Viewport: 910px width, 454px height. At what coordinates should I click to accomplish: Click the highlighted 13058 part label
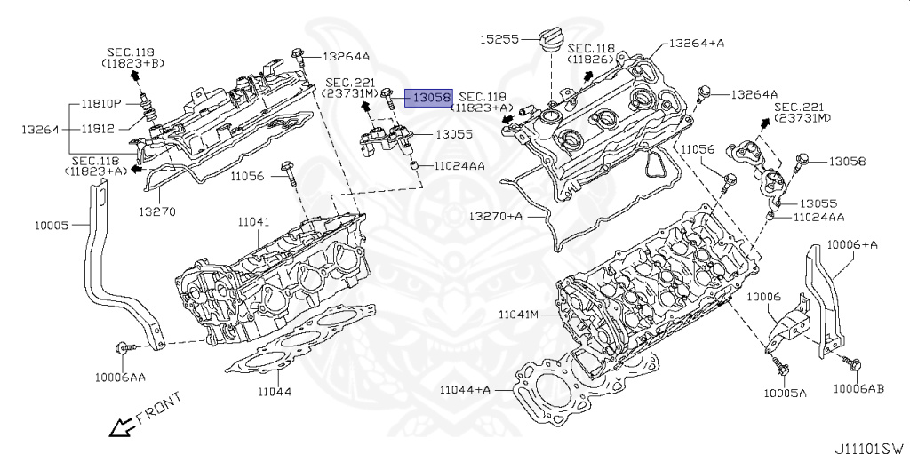point(428,98)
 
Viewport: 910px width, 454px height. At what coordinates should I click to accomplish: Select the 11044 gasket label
point(275,392)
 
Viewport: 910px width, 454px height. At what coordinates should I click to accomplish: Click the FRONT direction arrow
point(121,428)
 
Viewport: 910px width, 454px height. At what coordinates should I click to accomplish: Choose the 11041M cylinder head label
point(519,315)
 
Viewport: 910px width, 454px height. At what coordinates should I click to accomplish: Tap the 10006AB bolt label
point(859,389)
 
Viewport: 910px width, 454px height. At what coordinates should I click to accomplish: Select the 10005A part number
point(785,393)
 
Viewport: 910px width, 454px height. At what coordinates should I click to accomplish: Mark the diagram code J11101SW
point(869,448)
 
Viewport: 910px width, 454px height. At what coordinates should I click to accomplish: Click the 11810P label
point(101,104)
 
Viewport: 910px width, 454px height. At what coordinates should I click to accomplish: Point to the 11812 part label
point(98,129)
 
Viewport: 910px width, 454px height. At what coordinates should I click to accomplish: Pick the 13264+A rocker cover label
point(697,43)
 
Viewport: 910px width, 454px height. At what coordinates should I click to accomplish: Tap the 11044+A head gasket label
point(465,389)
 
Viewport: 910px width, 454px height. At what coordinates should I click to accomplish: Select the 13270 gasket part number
point(156,212)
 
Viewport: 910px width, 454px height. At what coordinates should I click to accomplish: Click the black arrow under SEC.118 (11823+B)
point(134,76)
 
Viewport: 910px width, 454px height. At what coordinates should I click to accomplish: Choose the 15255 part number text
point(499,39)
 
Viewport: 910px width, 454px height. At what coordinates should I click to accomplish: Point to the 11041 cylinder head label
point(253,221)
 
